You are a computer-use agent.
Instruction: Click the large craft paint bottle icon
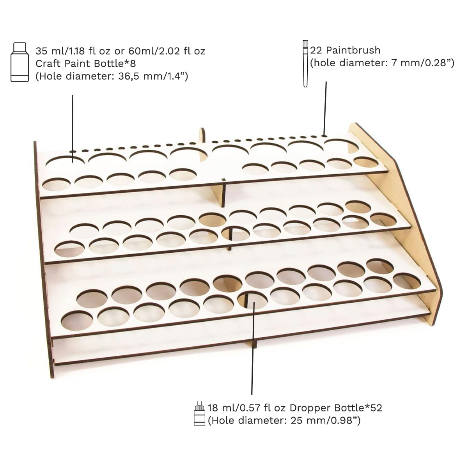(19, 62)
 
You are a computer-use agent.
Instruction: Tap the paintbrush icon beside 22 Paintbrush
(305, 64)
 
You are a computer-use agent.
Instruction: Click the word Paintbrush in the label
(353, 50)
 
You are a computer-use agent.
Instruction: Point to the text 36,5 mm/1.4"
(153, 76)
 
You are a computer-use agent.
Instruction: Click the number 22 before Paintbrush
(316, 50)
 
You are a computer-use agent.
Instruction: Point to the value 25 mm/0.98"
(325, 420)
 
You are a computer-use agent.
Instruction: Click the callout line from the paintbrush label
(325, 108)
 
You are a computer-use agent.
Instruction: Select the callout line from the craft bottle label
(73, 128)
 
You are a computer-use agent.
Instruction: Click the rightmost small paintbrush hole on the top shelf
(324, 136)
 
